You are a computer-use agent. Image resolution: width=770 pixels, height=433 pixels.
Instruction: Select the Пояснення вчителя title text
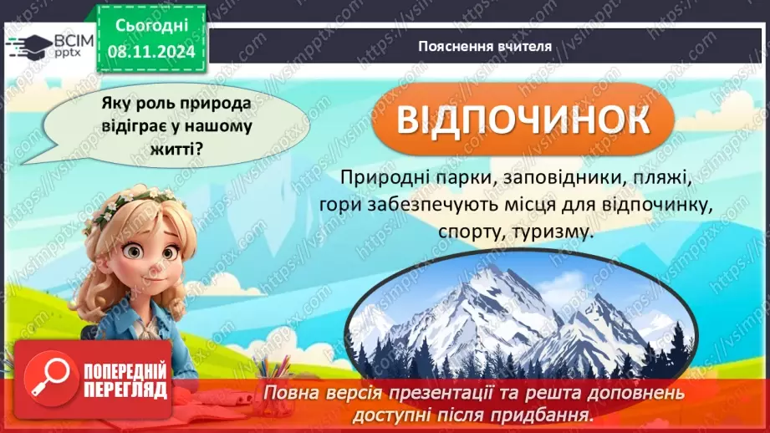coord(485,47)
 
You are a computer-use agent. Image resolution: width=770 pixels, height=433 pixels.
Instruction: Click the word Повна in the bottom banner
coord(292,392)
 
